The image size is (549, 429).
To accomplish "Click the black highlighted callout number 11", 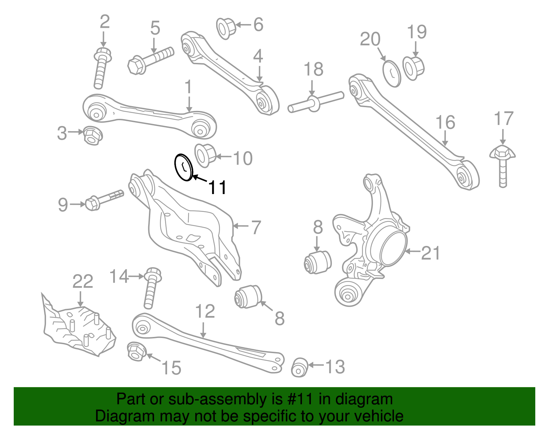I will [218, 188].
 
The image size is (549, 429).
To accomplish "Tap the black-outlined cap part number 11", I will [184, 167].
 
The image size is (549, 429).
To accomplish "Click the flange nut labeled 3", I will [92, 135].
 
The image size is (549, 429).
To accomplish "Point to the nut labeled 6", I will [226, 28].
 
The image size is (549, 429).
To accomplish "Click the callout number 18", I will [313, 69].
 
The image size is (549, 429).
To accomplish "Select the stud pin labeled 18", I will [315, 102].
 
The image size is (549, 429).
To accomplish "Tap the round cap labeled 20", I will [392, 74].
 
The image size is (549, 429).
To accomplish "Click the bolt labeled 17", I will [503, 165].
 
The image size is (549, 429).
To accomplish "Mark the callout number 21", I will [430, 253].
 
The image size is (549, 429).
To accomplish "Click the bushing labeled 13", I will [299, 368].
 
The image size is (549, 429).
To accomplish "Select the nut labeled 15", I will [136, 352].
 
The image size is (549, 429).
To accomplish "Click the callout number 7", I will [256, 227].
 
